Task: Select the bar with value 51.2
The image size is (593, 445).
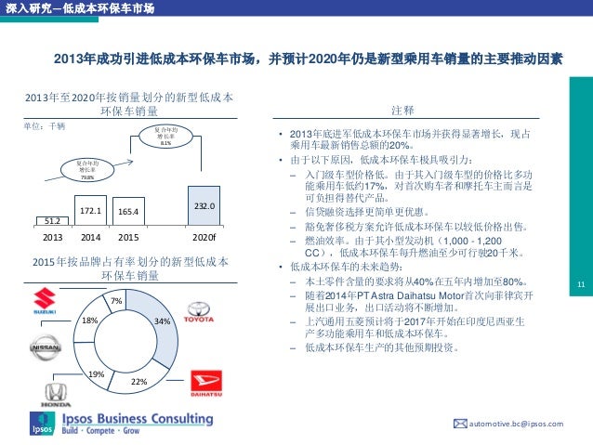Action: point(51,220)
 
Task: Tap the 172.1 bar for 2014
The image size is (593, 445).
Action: point(90,215)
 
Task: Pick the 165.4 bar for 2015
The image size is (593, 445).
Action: point(128,216)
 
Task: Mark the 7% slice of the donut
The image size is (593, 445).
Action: point(117,301)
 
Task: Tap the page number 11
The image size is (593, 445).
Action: point(582,284)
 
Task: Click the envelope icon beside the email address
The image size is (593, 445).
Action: point(458,424)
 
